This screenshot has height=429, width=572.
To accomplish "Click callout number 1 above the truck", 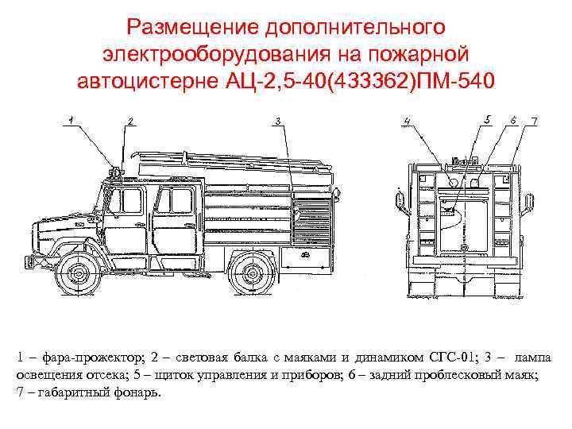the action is (71, 119).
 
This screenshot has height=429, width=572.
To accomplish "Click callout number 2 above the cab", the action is (130, 120).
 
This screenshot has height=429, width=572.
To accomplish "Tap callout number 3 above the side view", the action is (277, 120).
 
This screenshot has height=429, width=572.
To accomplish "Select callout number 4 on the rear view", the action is (407, 121).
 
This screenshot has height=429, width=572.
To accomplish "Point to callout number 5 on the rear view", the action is (487, 119).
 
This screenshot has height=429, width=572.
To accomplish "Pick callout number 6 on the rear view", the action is (514, 119).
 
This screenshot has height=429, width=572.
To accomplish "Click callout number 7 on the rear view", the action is (534, 120).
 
